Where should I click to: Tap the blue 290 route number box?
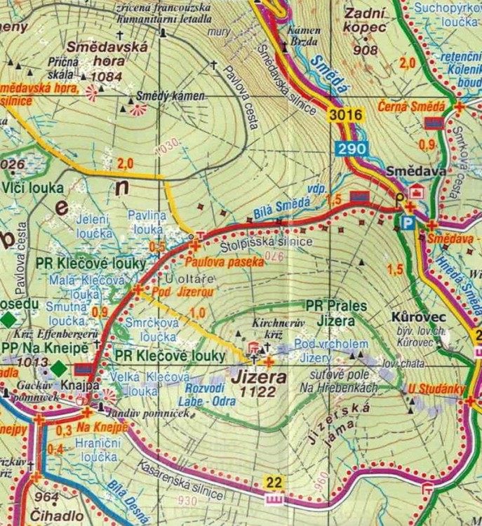point(349,149)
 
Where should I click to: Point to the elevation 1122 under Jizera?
point(256,391)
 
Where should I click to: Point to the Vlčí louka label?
point(32,188)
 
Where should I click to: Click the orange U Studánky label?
point(429,390)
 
